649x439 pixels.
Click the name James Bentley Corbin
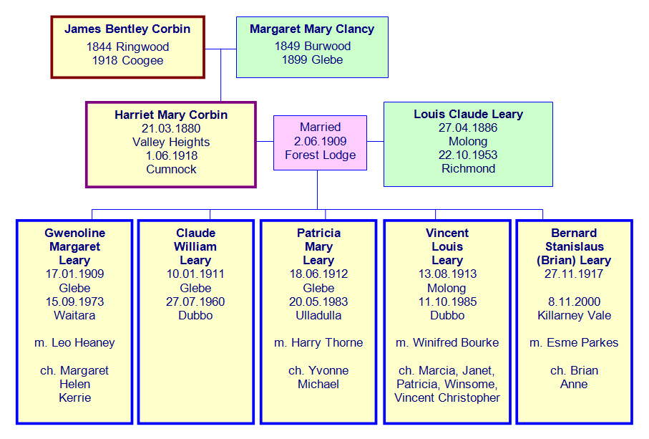tap(127, 29)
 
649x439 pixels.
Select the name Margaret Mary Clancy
tap(312, 29)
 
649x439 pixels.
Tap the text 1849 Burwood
tap(312, 46)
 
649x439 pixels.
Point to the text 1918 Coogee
tap(127, 60)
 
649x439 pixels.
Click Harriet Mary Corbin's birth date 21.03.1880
tap(170, 128)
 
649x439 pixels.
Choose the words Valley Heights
tap(170, 142)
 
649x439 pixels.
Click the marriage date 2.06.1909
tap(320, 141)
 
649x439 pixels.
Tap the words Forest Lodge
tap(320, 155)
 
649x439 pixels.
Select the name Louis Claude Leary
tap(468, 114)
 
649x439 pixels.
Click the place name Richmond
tap(468, 168)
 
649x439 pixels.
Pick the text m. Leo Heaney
tap(74, 343)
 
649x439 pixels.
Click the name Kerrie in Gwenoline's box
tap(74, 397)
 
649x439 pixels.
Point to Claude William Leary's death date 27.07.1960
tap(195, 301)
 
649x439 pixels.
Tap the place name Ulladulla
tap(318, 315)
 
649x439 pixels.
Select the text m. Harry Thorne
tap(318, 343)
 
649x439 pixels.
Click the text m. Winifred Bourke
tap(447, 343)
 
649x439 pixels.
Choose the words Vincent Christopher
tap(447, 397)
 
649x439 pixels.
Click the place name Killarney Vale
tap(574, 315)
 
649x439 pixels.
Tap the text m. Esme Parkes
tap(574, 343)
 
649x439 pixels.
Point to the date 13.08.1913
tap(447, 274)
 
